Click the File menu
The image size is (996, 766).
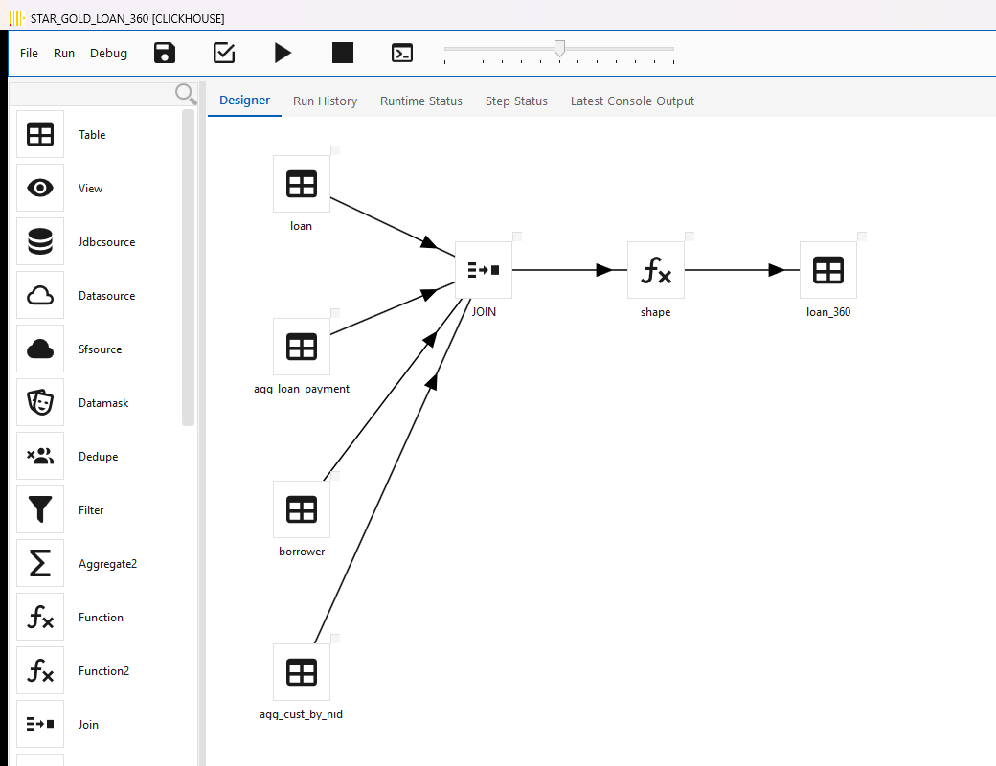pyautogui.click(x=29, y=54)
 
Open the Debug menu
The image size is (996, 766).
pyautogui.click(x=108, y=54)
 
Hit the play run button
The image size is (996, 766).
pyautogui.click(x=283, y=53)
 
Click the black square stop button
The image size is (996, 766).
pyautogui.click(x=343, y=53)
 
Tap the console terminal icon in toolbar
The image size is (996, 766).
pyautogui.click(x=402, y=53)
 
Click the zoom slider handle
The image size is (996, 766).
pyautogui.click(x=559, y=48)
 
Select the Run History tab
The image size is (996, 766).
pyautogui.click(x=326, y=101)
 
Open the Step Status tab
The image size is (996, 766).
pyautogui.click(x=516, y=101)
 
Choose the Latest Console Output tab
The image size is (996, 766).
pyautogui.click(x=632, y=101)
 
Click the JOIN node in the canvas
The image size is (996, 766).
pyautogui.click(x=484, y=270)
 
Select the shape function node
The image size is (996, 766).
pyautogui.click(x=655, y=270)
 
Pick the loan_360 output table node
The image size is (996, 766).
pyautogui.click(x=828, y=270)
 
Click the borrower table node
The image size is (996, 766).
pyautogui.click(x=302, y=509)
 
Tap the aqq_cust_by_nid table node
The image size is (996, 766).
pyautogui.click(x=302, y=672)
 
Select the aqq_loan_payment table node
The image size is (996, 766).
pyautogui.click(x=302, y=347)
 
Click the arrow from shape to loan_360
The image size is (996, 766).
pyautogui.click(x=742, y=270)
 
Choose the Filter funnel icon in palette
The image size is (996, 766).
pyautogui.click(x=40, y=509)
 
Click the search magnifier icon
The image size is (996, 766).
pyautogui.click(x=186, y=94)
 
